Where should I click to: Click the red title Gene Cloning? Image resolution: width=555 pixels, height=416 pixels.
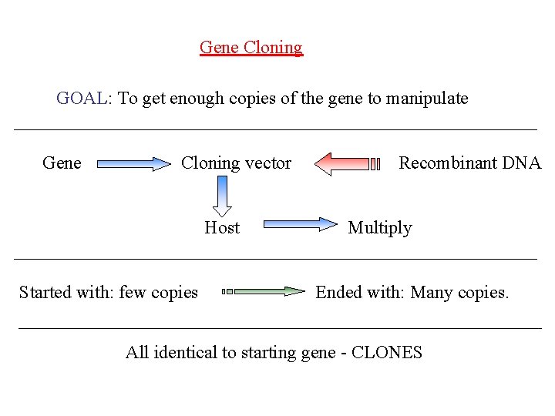pyautogui.click(x=251, y=48)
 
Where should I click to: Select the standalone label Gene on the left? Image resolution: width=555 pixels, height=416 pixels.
pyautogui.click(x=62, y=163)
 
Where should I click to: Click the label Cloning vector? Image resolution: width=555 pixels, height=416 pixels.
pyautogui.click(x=236, y=163)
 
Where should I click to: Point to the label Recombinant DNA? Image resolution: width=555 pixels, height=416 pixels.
pyautogui.click(x=469, y=163)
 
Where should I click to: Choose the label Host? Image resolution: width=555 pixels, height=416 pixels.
pyautogui.click(x=222, y=228)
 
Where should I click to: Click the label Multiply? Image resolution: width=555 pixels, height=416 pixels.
pyautogui.click(x=379, y=228)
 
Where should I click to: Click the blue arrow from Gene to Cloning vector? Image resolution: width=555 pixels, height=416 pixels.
pyautogui.click(x=134, y=163)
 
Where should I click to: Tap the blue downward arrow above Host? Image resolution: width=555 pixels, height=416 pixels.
pyautogui.click(x=223, y=196)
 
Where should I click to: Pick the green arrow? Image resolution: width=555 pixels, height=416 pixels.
pyautogui.click(x=264, y=291)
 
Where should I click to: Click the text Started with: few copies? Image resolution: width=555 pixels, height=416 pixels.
pyautogui.click(x=108, y=293)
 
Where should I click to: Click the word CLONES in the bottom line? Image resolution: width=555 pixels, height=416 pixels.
pyautogui.click(x=386, y=353)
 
